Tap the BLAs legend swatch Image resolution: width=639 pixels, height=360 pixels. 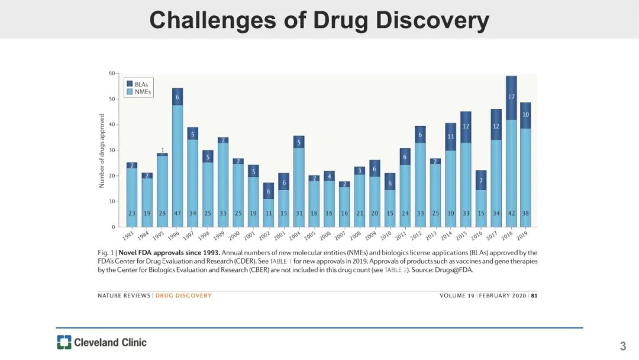tap(130, 84)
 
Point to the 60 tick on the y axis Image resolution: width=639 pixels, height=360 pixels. tap(112, 73)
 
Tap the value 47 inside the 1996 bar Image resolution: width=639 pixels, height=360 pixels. tap(177, 213)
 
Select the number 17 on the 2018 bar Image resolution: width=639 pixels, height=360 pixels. tap(511, 96)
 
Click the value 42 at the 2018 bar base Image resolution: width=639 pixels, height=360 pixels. tap(511, 213)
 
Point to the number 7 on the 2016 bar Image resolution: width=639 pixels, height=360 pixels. tap(481, 180)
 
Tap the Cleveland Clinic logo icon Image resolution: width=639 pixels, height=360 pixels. tap(64, 342)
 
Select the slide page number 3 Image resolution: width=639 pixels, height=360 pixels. tap(622, 346)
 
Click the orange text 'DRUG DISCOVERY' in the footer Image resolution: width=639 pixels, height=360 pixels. tap(183, 295)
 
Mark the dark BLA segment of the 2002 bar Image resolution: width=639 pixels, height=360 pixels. tap(269, 191)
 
